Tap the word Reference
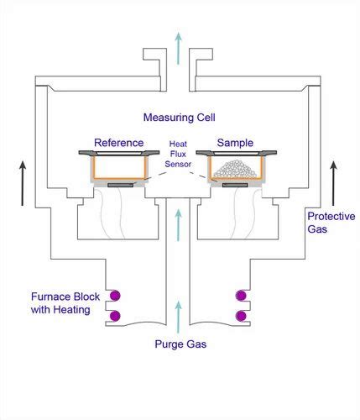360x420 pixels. (x=118, y=143)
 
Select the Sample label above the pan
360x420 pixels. (x=235, y=143)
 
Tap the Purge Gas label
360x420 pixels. (x=180, y=343)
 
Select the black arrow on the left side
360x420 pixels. (x=23, y=182)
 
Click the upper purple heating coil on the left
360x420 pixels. (x=115, y=295)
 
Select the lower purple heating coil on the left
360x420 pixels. (x=115, y=317)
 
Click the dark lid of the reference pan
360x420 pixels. (x=118, y=152)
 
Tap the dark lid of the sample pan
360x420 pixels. (x=236, y=152)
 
